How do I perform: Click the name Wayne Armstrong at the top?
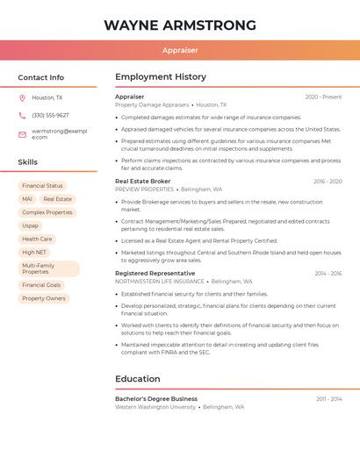click(x=180, y=25)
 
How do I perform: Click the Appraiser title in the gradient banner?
click(x=180, y=51)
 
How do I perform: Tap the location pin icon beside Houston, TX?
click(x=22, y=98)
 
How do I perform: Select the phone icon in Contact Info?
click(x=22, y=116)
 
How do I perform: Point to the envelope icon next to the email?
click(x=22, y=134)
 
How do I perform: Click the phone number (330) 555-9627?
click(x=50, y=116)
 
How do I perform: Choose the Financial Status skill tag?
click(x=42, y=186)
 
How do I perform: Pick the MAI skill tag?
click(x=27, y=199)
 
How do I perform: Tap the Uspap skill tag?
click(x=31, y=225)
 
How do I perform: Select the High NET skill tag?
click(x=34, y=252)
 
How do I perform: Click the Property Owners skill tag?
click(x=44, y=298)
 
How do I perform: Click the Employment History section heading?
click(x=161, y=77)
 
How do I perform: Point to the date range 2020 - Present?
click(x=323, y=97)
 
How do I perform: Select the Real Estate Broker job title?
click(x=143, y=182)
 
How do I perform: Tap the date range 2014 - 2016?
click(x=328, y=274)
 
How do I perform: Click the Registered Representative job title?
click(x=155, y=274)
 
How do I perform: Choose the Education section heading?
click(x=138, y=379)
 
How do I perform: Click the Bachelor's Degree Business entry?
click(x=156, y=399)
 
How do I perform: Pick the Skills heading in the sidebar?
click(x=28, y=162)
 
